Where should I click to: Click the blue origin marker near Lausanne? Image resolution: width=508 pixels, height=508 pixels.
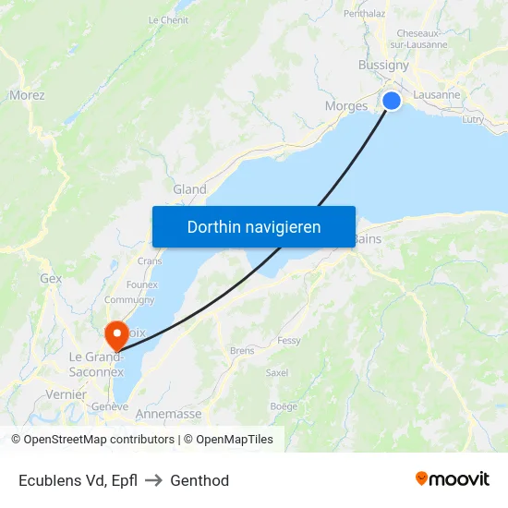coord(392,101)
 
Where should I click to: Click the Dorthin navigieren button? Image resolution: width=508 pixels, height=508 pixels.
coord(254,226)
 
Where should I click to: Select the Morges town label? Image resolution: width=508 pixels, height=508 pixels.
coord(346,106)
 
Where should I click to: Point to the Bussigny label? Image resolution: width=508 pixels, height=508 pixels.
coord(383,66)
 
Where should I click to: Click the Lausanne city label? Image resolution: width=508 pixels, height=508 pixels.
coord(437,94)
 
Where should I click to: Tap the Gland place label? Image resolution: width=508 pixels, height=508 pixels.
coord(189,189)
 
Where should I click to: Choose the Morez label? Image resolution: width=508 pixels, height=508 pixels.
coord(27,94)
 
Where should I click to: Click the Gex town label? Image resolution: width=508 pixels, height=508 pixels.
coord(51,277)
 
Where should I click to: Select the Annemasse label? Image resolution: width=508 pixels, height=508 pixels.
coord(168,415)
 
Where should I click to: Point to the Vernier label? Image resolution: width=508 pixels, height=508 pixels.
coord(65,394)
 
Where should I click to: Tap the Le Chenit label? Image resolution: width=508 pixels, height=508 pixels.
coord(168,19)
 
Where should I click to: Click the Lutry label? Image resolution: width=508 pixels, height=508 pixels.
coord(472,119)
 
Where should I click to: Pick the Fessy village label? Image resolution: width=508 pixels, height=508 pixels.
coord(289,340)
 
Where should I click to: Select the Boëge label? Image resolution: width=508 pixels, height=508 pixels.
coord(284,406)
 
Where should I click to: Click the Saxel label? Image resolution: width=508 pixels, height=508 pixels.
coord(276,373)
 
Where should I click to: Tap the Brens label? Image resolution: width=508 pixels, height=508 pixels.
coord(242,351)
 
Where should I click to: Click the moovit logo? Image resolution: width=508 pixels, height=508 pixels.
coord(452,479)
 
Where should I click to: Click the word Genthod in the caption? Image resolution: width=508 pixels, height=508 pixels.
coord(200,480)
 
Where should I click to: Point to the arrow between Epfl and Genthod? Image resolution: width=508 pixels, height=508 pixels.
coord(153,480)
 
